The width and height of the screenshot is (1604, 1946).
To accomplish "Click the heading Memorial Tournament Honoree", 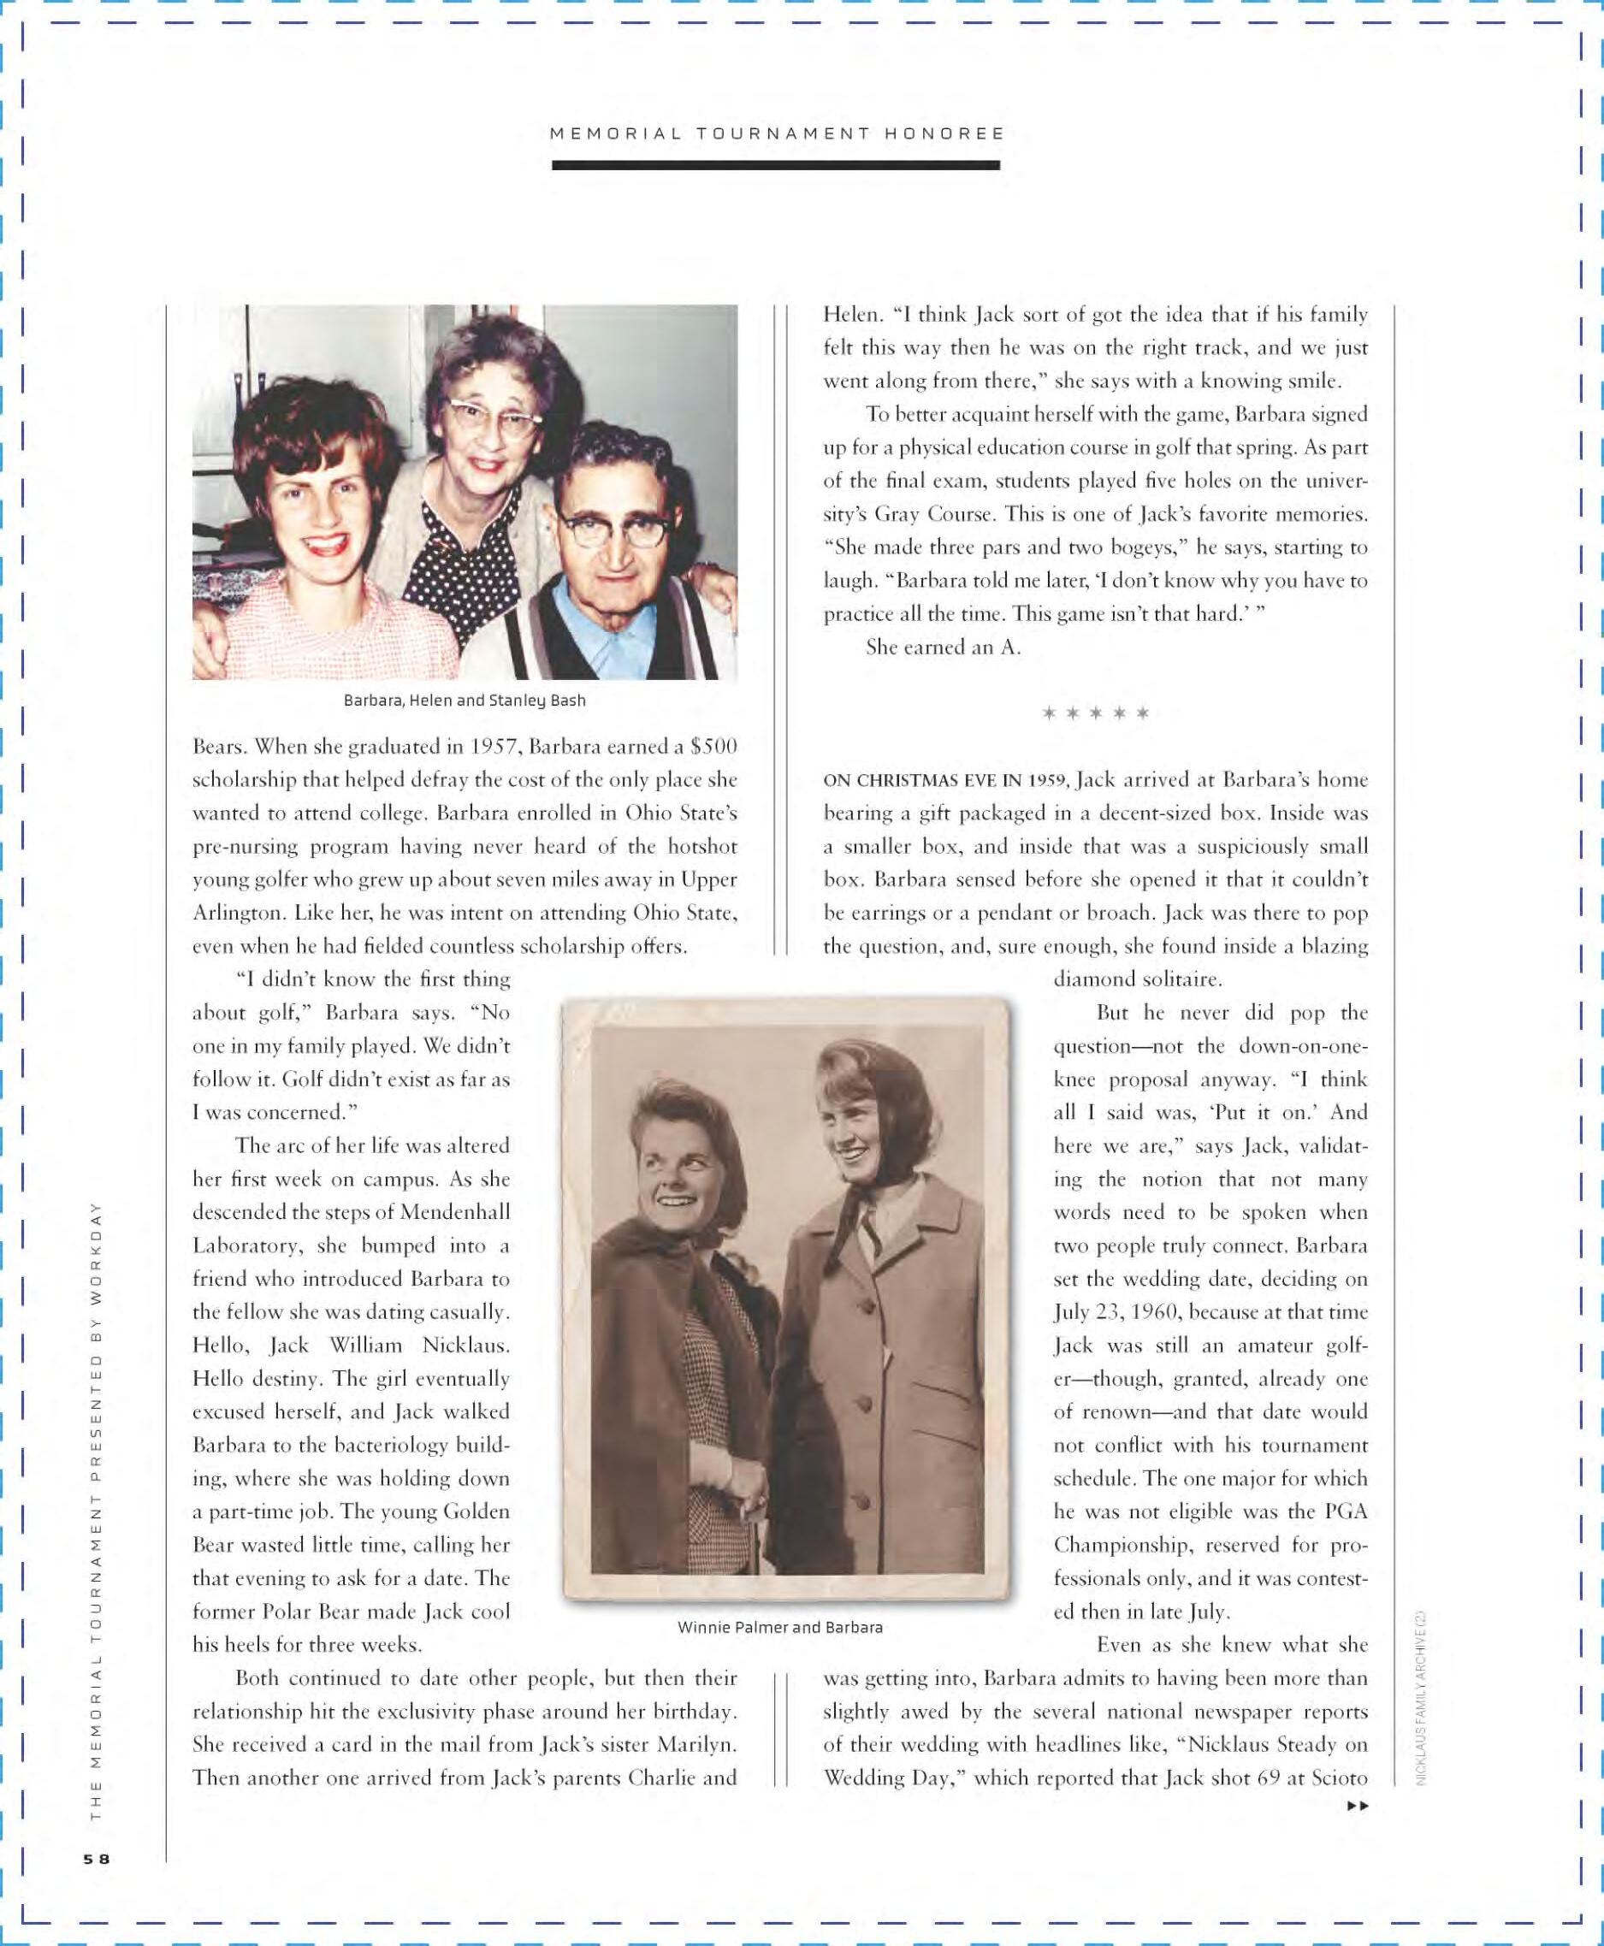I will click(x=777, y=133).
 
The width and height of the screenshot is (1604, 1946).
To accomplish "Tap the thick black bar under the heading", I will click(x=776, y=165).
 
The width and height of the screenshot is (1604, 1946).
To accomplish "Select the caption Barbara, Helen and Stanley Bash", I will click(x=464, y=701).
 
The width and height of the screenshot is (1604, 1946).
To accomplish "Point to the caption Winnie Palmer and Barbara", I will click(x=780, y=1627).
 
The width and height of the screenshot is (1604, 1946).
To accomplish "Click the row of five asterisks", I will click(x=1095, y=713).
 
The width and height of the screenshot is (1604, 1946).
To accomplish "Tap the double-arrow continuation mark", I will click(x=1358, y=1806).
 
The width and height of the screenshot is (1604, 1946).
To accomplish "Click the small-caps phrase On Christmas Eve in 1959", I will click(x=946, y=781).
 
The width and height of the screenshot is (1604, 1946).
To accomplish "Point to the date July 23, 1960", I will click(x=1118, y=1312).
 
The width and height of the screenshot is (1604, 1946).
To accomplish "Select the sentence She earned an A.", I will click(x=943, y=648).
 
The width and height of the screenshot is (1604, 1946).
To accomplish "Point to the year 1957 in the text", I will click(x=497, y=747).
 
